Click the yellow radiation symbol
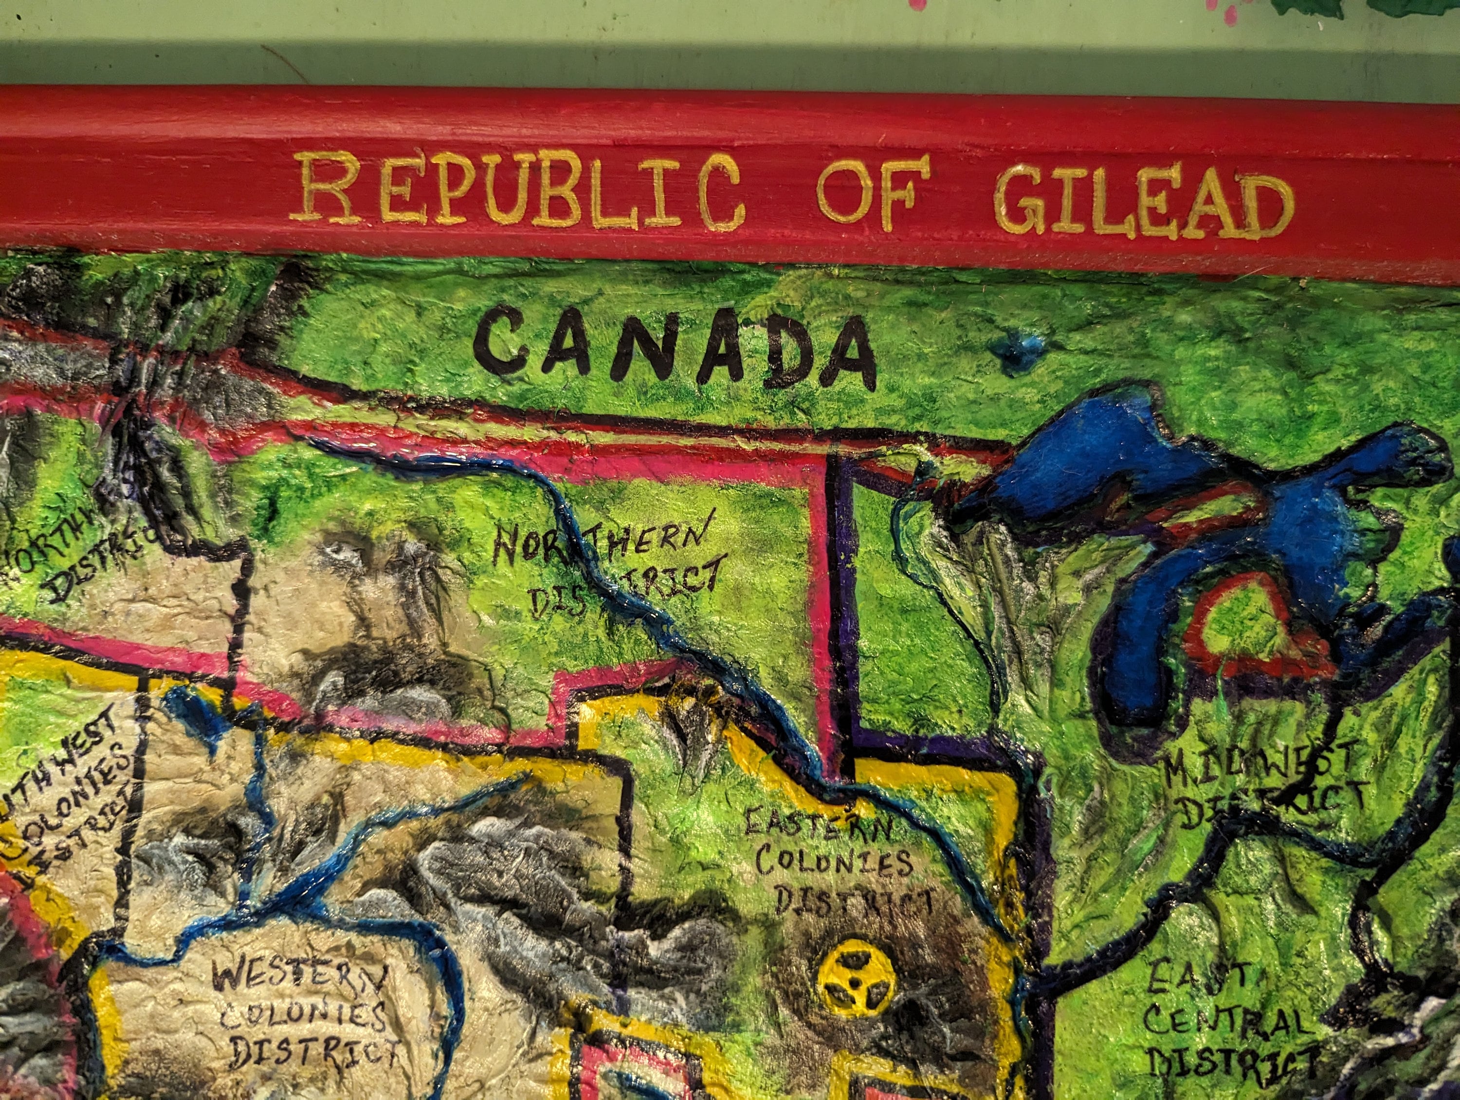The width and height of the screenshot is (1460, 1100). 856,979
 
